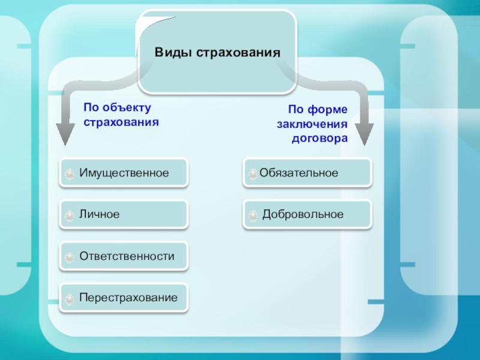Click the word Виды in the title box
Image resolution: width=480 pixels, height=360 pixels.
point(173,52)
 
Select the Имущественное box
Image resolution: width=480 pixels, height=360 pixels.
point(124,173)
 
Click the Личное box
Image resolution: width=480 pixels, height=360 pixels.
point(124,214)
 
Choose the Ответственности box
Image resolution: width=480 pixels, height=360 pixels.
point(124,256)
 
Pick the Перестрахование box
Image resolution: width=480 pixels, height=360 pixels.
point(124,298)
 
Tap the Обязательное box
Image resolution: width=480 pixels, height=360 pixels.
point(307,173)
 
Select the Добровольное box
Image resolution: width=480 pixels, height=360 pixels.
point(307,214)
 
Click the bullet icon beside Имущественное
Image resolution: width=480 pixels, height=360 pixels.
point(70,174)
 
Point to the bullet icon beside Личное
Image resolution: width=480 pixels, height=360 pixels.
point(70,215)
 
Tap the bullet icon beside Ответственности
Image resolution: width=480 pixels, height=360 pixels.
point(70,257)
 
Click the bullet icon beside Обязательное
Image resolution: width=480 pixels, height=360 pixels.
point(253,174)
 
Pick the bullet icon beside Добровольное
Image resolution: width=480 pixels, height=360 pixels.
point(253,215)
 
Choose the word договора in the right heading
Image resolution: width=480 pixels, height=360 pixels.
point(320,138)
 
